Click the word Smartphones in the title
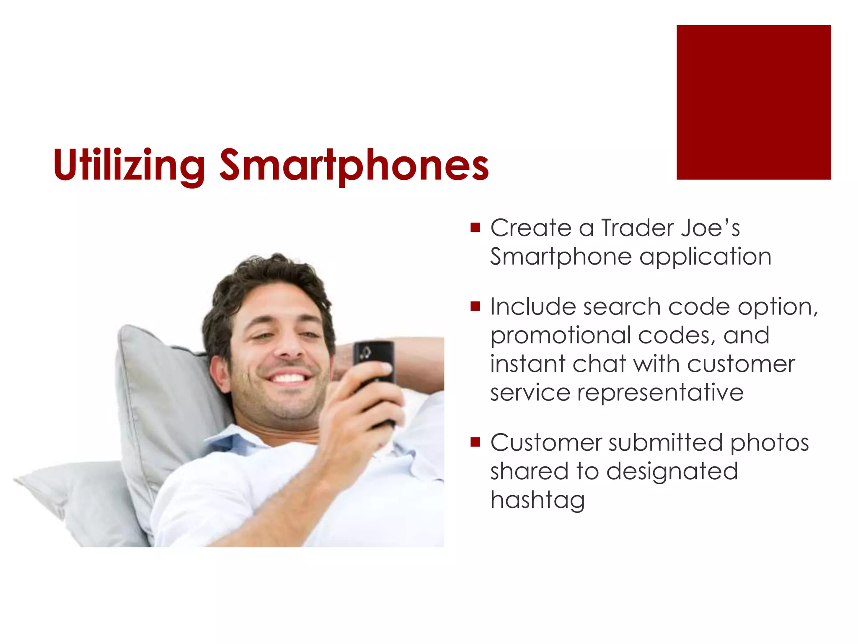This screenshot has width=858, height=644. tap(354, 166)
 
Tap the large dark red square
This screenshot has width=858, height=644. tap(753, 102)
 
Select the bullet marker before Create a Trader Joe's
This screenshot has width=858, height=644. tap(475, 228)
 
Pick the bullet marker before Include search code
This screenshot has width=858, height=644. tap(475, 306)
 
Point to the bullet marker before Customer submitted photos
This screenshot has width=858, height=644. tap(475, 442)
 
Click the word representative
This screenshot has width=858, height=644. tap(660, 393)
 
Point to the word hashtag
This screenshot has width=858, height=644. tap(538, 500)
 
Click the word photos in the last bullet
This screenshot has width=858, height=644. tap(769, 443)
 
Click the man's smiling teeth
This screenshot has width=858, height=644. tap(289, 378)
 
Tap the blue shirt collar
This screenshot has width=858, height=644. tap(235, 440)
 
